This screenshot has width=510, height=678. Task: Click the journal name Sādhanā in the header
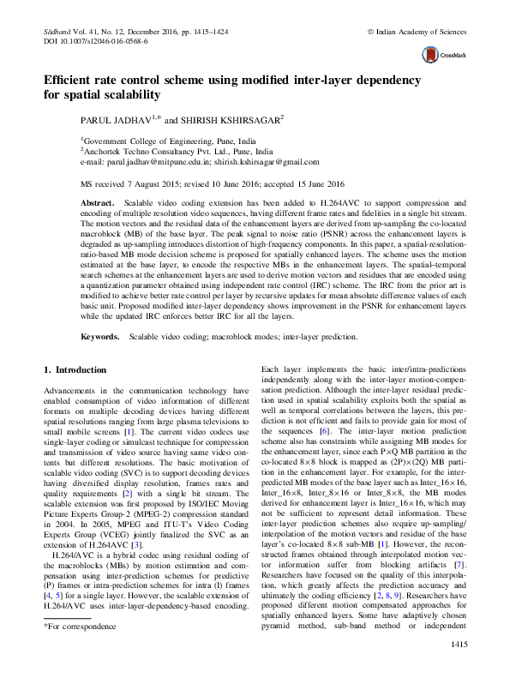pos(57,31)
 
